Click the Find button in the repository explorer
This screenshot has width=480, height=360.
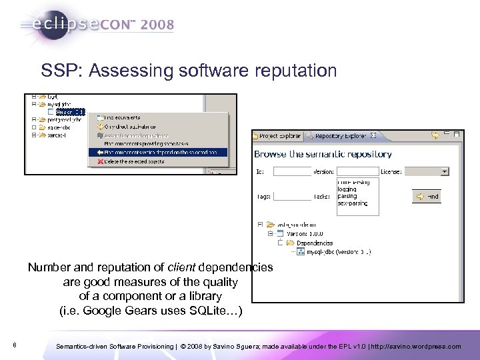pyautogui.click(x=428, y=197)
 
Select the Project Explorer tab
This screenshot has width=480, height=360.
pyautogui.click(x=277, y=136)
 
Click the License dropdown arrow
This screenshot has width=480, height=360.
pyautogui.click(x=445, y=171)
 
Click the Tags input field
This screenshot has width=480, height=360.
pyautogui.click(x=292, y=197)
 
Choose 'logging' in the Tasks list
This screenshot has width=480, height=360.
pyautogui.click(x=347, y=189)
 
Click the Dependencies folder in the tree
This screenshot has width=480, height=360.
pyautogui.click(x=315, y=243)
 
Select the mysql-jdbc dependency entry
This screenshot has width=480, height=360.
pyautogui.click(x=338, y=252)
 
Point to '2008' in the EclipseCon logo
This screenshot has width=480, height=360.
pyautogui.click(x=157, y=25)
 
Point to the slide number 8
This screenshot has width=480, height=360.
pyautogui.click(x=15, y=345)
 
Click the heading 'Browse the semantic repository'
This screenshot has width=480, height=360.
pyautogui.click(x=323, y=154)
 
